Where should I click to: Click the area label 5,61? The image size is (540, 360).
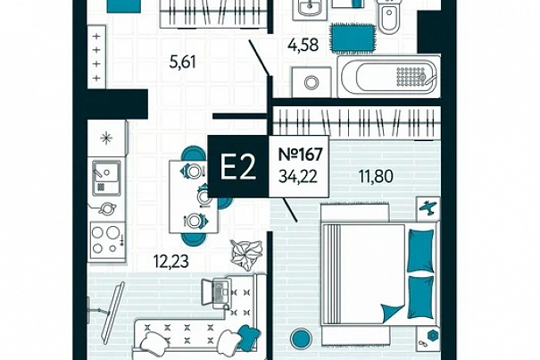(x=182, y=63)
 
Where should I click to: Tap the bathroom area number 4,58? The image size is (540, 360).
(x=303, y=46)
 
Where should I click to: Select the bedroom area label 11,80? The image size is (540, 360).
(x=376, y=176)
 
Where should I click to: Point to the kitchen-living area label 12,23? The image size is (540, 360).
(x=171, y=261)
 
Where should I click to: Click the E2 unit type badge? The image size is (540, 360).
(x=238, y=166)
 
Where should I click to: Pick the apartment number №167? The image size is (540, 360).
(x=300, y=155)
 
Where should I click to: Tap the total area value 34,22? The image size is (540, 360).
(x=298, y=177)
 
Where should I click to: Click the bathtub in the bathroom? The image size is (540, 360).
(x=389, y=77)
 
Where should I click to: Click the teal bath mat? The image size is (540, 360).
(x=353, y=38)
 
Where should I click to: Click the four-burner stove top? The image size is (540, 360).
(x=107, y=240)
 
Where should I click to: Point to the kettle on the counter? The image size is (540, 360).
(x=106, y=208)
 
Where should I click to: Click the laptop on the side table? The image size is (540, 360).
(x=216, y=292)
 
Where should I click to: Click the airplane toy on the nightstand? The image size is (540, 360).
(x=428, y=207)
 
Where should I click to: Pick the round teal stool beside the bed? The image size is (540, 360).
(x=302, y=339)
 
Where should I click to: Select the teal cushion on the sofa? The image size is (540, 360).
(x=249, y=336)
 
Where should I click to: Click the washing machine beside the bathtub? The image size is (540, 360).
(x=312, y=82)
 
